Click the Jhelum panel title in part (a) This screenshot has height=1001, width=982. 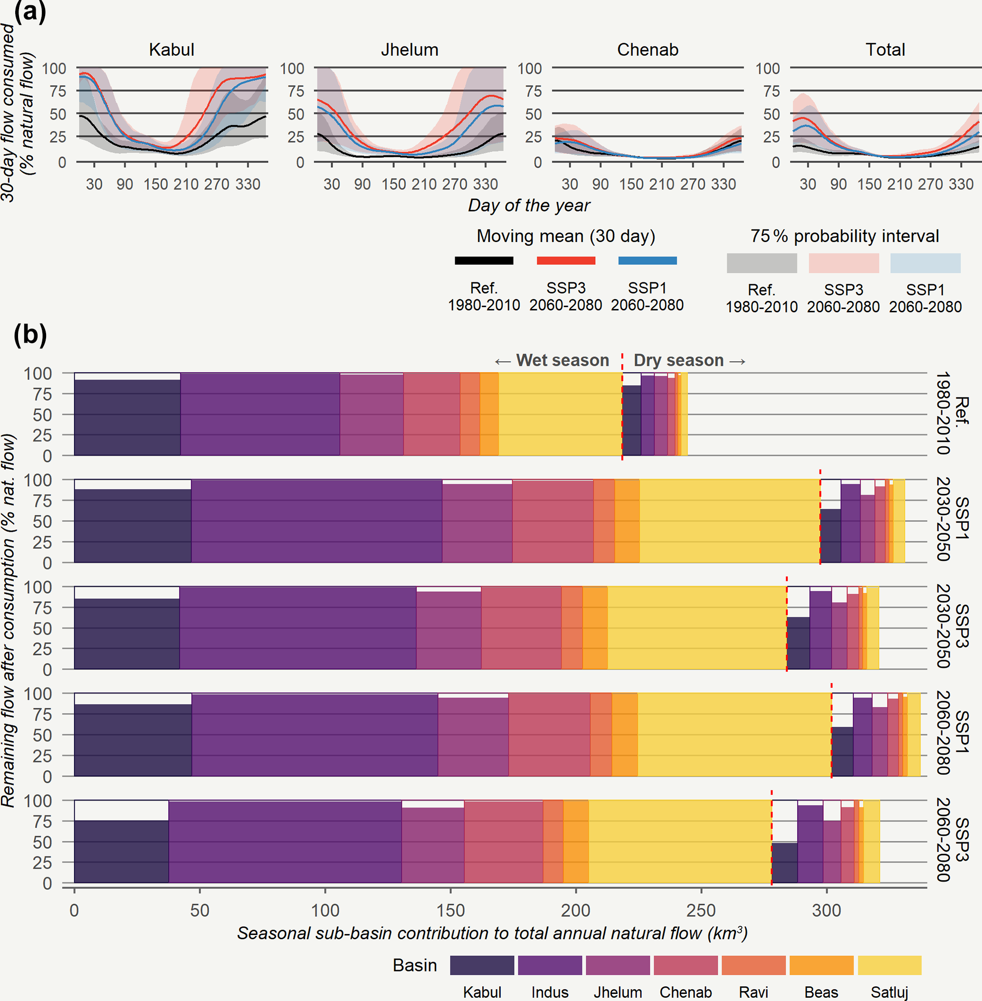pos(410,49)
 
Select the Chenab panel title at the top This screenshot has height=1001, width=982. pos(648,49)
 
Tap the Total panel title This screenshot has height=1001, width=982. pos(885,49)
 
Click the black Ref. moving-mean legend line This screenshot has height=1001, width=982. pos(484,260)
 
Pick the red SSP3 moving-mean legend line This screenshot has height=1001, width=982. pos(566,260)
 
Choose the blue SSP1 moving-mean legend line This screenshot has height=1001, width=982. pos(647,260)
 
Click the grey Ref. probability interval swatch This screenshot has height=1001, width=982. pos(762,263)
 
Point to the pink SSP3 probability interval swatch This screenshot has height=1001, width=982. pos(844,263)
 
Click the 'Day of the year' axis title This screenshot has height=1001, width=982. pos(529,205)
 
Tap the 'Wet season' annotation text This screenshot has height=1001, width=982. pos(562,360)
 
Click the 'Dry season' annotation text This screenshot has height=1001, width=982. pos(679,360)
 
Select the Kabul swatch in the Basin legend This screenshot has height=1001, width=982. pos(482,965)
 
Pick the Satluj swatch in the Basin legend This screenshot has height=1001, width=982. pos(889,965)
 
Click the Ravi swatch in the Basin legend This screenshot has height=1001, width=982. pos(753,965)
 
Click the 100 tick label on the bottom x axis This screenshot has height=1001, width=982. pos(325,910)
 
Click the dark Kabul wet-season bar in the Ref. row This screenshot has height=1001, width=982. pos(127,418)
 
